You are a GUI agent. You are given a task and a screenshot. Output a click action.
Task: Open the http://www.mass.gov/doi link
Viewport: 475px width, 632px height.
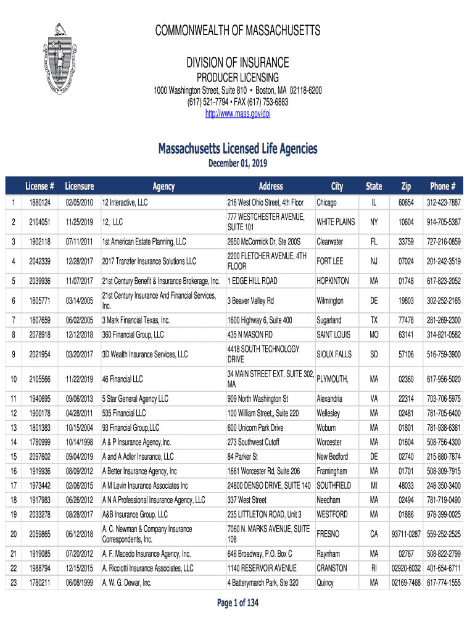tap(238, 114)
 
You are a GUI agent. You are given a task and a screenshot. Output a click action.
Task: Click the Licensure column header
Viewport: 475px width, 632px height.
tap(79, 186)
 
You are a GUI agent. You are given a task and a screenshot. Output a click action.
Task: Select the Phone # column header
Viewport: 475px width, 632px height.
tap(443, 186)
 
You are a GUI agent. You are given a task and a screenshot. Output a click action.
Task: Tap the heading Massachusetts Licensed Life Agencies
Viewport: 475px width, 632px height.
tap(238, 149)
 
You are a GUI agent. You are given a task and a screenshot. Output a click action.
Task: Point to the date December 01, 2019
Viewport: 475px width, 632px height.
tap(238, 163)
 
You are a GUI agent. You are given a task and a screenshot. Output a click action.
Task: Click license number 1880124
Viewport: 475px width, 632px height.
tap(39, 202)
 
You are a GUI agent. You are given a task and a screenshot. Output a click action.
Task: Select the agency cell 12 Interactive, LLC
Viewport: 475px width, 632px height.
tap(125, 202)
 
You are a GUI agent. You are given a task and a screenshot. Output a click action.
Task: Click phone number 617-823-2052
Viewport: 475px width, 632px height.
tap(443, 281)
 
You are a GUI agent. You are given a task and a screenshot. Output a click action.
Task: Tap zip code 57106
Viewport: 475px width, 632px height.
tap(405, 355)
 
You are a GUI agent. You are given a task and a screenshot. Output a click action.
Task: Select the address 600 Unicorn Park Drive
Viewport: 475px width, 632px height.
tap(255, 428)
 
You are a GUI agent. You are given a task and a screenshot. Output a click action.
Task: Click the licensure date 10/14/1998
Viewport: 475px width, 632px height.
tap(79, 442)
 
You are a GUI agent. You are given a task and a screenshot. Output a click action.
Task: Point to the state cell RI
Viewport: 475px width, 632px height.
tap(374, 568)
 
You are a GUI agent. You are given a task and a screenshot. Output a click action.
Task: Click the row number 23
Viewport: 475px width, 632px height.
tap(13, 583)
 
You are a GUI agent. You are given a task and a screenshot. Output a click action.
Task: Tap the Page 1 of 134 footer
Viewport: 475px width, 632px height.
tap(238, 604)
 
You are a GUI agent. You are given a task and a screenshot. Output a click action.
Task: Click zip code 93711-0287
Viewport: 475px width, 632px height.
tap(405, 534)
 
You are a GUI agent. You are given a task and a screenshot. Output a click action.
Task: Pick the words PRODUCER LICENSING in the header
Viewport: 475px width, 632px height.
tap(238, 78)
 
